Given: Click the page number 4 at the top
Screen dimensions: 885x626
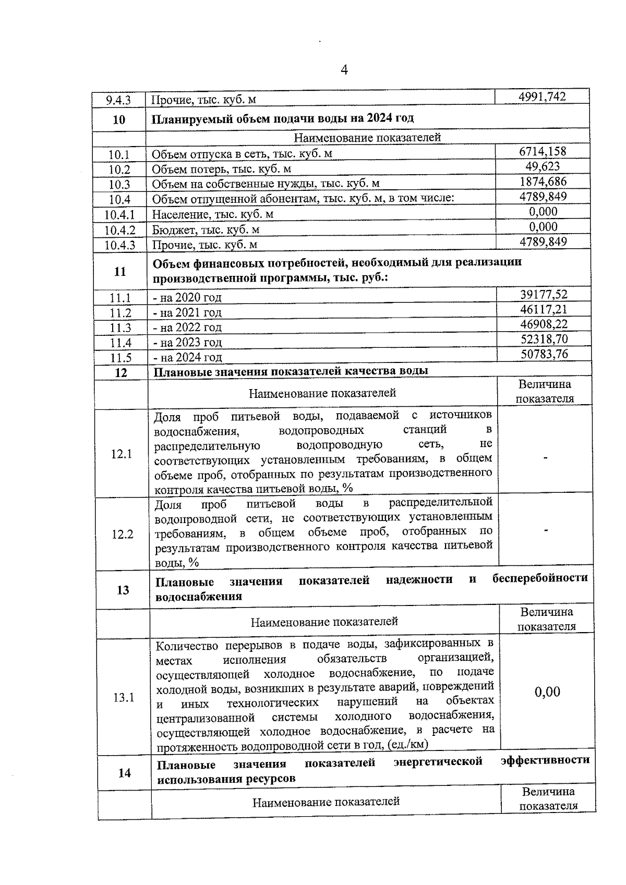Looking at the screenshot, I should [344, 70].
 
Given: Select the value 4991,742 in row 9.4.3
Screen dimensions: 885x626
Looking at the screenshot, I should [543, 96].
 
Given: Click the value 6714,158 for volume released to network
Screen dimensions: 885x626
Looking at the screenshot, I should [543, 152].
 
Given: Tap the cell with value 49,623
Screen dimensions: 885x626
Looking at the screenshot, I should [543, 167].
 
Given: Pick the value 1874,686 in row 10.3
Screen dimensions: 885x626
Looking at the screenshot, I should [543, 182].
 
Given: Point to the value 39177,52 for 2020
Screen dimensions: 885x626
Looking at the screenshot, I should [544, 295].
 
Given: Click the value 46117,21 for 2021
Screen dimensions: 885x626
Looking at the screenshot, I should [544, 310].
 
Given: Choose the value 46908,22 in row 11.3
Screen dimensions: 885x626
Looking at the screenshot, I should [544, 324].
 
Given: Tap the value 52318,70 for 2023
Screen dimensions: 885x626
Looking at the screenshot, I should [544, 340].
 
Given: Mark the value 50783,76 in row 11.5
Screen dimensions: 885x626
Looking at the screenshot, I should [544, 355].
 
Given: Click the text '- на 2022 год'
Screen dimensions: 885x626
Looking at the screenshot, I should [187, 328].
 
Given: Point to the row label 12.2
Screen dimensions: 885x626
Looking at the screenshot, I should [122, 535].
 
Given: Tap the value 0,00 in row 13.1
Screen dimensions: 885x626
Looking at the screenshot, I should [547, 692].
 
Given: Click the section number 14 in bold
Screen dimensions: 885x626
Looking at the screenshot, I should [124, 772].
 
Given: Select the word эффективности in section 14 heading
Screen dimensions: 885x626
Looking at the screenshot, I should [545, 760].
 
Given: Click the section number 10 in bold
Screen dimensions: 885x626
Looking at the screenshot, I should [119, 119].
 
